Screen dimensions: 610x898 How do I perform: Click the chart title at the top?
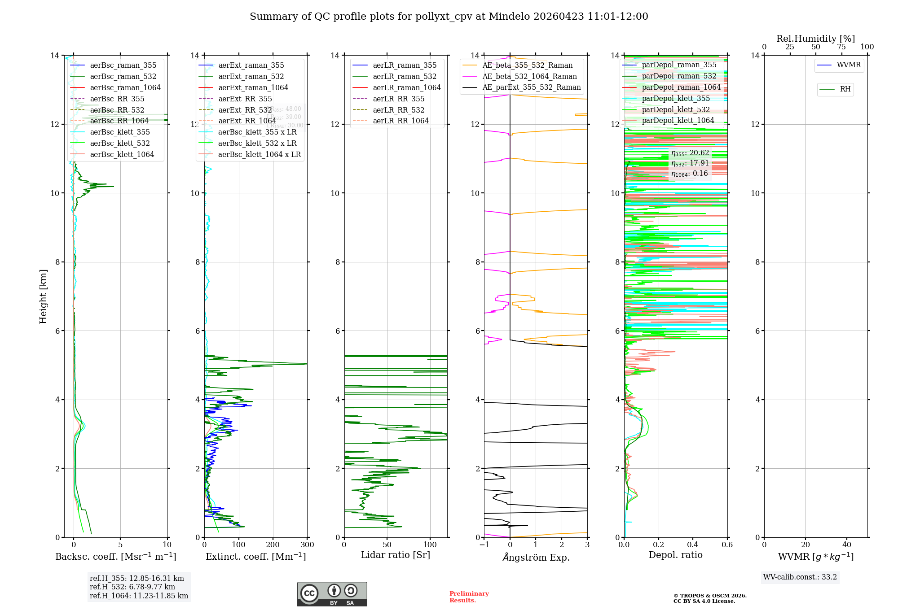tap(449, 17)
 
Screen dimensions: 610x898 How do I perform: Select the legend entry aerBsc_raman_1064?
tap(125, 87)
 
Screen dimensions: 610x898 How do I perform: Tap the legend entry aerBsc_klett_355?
tap(119, 132)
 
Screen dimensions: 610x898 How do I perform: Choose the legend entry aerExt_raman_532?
tap(251, 76)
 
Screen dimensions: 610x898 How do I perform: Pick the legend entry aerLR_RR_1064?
tap(401, 121)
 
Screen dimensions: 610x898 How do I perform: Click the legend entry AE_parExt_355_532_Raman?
tap(531, 87)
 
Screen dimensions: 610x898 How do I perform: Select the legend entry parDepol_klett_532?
tap(676, 109)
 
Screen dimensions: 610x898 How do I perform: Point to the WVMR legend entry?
tap(849, 65)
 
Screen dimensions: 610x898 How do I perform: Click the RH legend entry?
tap(845, 89)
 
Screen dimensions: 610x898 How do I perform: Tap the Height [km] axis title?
tap(43, 296)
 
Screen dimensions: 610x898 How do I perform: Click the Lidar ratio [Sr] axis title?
tap(396, 555)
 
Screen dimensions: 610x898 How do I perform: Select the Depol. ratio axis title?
tap(675, 555)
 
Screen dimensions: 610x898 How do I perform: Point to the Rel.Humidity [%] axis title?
tap(815, 39)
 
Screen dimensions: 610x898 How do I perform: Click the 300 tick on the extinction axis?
tap(308, 545)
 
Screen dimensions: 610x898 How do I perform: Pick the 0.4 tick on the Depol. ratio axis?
tap(693, 545)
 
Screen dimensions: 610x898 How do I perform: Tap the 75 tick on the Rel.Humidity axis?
tap(841, 47)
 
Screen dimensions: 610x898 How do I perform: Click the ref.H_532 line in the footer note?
tap(132, 587)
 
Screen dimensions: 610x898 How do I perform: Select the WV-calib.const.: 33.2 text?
tap(800, 577)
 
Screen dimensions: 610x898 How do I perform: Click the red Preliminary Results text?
tap(469, 597)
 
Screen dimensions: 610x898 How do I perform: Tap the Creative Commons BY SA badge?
tap(332, 594)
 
